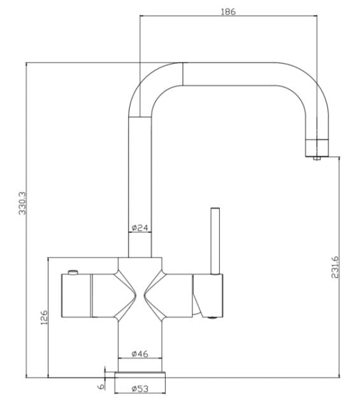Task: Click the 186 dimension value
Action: pos(226,11)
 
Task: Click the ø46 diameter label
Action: pos(140,353)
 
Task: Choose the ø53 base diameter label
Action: pos(140,388)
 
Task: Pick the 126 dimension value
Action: pos(44,317)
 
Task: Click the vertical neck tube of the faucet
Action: pos(140,179)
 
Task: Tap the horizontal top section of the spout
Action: pos(229,73)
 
